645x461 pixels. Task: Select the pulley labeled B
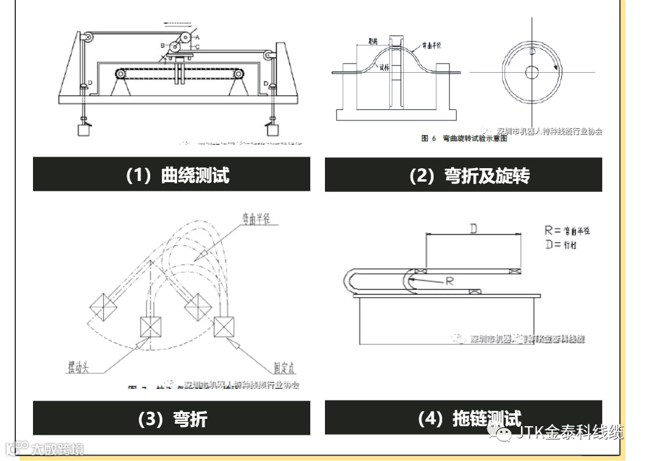(x=175, y=47)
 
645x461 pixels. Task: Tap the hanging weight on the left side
(x=82, y=129)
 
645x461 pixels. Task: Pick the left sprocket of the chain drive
(x=122, y=75)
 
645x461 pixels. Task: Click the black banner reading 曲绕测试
(x=171, y=175)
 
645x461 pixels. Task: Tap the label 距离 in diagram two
(x=374, y=40)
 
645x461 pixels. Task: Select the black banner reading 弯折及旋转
(x=463, y=175)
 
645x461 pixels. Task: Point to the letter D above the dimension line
(x=473, y=228)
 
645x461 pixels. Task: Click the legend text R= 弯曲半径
(x=567, y=230)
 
